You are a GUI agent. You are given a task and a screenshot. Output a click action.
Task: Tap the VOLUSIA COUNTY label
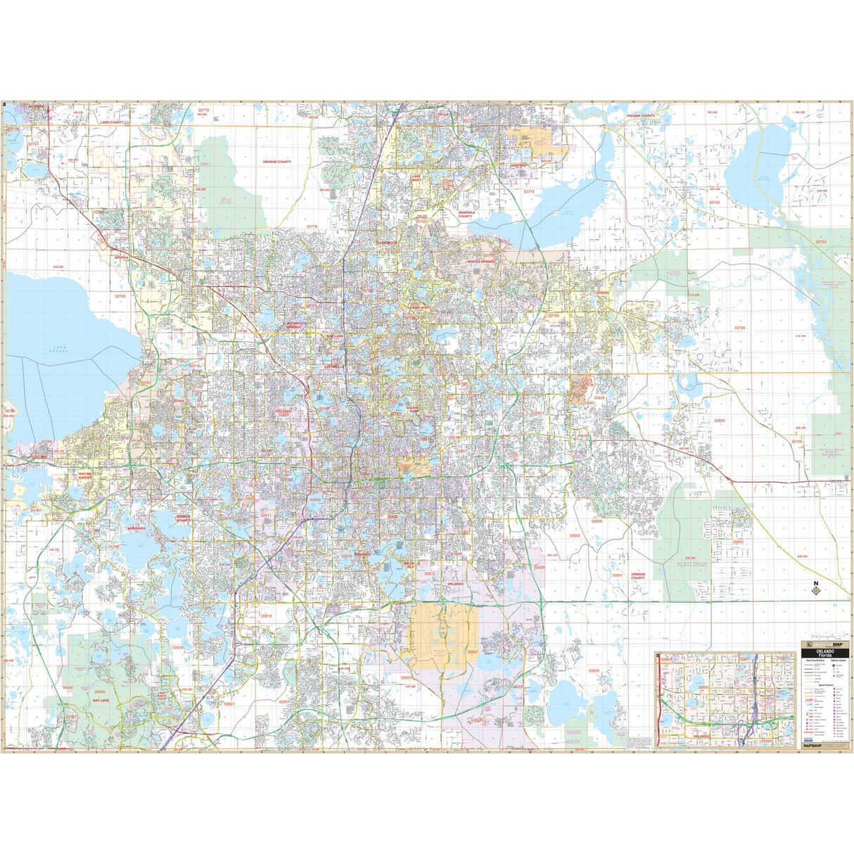[640, 115]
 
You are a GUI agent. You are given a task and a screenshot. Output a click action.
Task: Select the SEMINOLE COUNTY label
[466, 214]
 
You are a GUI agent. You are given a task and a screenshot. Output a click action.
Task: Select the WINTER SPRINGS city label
[481, 261]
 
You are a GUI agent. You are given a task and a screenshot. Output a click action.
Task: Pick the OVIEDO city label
[602, 292]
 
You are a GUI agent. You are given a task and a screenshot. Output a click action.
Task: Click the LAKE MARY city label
[416, 178]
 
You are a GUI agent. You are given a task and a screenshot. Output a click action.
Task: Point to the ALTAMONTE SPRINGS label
[296, 325]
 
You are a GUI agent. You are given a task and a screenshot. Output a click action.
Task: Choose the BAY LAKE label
[101, 701]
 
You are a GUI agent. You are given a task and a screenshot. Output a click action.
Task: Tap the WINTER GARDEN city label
[84, 476]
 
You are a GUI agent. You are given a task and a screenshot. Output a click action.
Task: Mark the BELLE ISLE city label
[409, 565]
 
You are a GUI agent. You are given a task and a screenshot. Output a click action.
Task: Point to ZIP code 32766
[739, 328]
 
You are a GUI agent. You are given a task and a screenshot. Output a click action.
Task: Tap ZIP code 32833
[737, 542]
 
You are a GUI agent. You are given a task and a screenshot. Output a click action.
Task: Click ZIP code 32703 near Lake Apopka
[120, 296]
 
